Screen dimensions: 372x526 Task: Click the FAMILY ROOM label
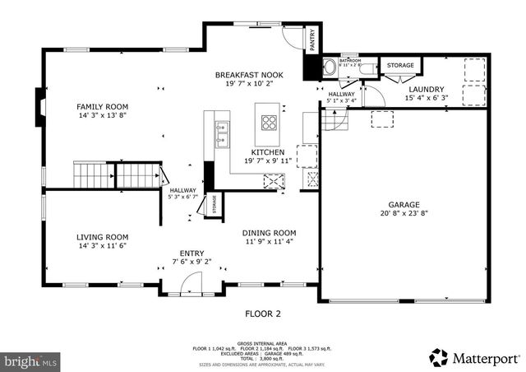coord(103,106)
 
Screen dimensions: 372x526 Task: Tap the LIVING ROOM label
coord(103,236)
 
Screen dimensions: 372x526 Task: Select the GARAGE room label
coord(404,204)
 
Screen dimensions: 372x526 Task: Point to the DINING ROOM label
coord(270,233)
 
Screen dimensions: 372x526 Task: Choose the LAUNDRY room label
coord(425,89)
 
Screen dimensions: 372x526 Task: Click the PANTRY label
coord(312,39)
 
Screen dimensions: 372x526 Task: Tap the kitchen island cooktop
coord(269,123)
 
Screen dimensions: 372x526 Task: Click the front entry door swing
coord(187,285)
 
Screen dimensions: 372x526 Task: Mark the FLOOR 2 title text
coord(263,314)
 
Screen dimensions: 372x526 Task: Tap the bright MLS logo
coord(31,360)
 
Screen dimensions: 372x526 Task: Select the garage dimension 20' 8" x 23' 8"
coord(404,213)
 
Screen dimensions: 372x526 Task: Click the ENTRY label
coord(191,253)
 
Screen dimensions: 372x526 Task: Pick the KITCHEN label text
coord(268,152)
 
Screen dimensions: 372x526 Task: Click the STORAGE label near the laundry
coord(400,65)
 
